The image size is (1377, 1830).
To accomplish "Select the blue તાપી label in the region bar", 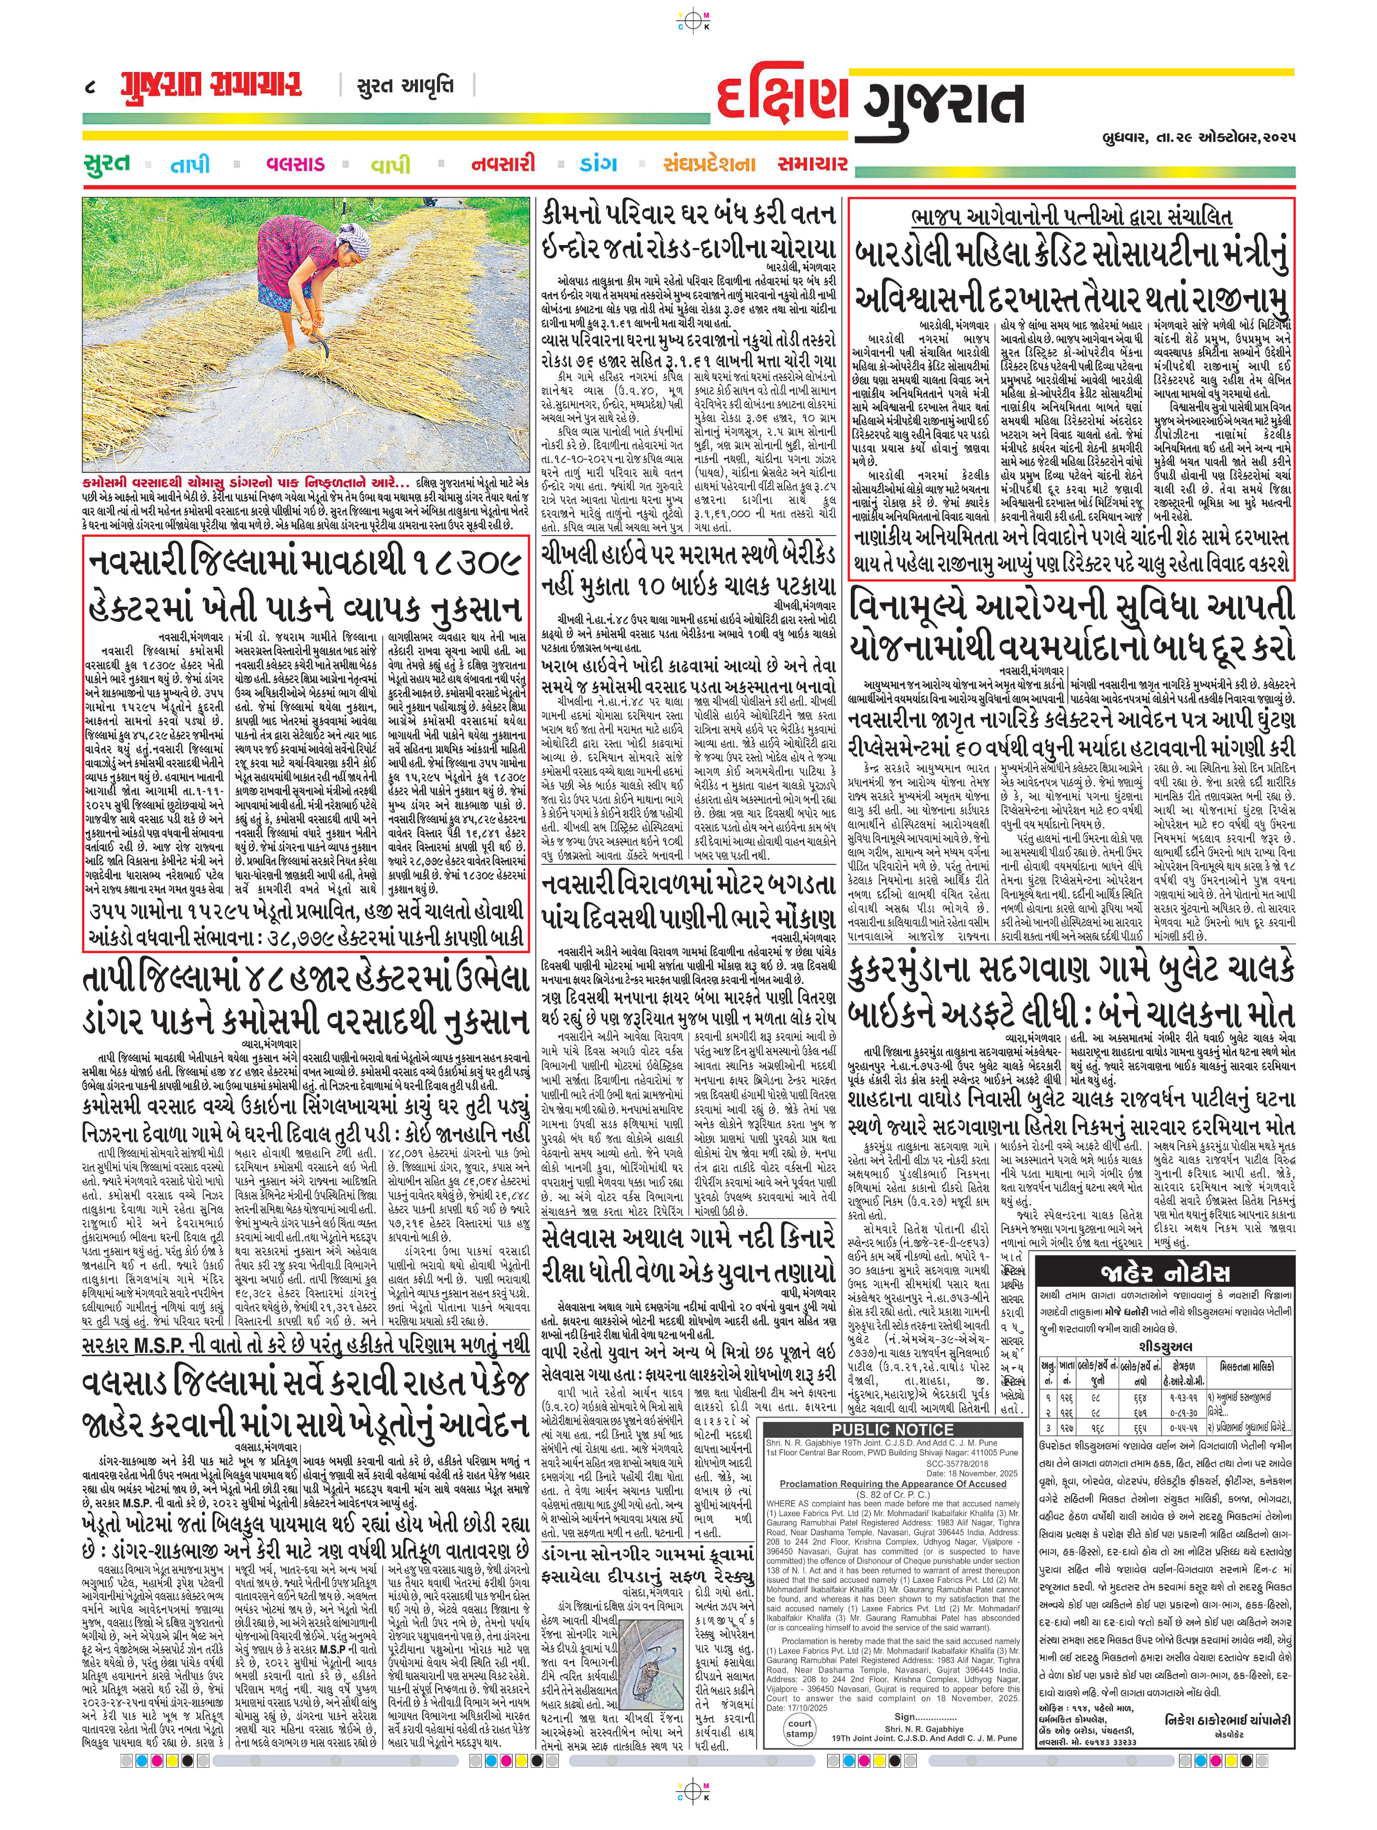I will click(x=190, y=165).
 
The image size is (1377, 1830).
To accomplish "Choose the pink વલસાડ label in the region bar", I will click(x=295, y=164).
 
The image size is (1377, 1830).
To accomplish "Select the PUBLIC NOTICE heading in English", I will click(x=893, y=1430).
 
